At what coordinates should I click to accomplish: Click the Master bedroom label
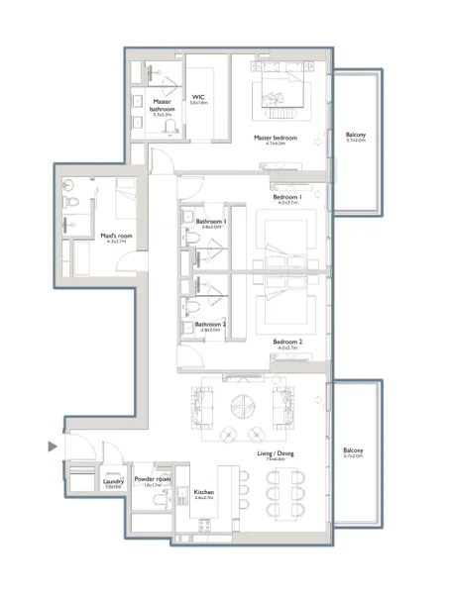(276, 138)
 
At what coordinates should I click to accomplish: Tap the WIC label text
(199, 97)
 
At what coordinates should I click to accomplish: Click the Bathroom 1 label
(210, 222)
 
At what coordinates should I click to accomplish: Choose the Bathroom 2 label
(209, 325)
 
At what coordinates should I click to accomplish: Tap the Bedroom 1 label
(288, 197)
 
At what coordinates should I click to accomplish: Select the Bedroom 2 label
(288, 342)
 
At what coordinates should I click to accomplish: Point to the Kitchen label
(205, 492)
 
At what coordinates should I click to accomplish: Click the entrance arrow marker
(53, 447)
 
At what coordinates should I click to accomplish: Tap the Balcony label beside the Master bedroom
(356, 136)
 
